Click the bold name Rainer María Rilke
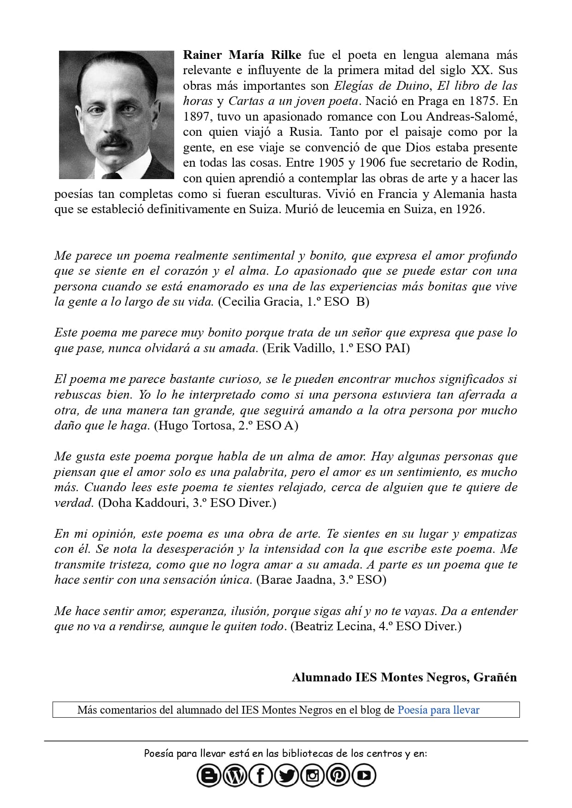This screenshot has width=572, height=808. coord(242,55)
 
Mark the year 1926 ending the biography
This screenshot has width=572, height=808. coord(469,209)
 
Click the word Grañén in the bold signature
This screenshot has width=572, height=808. coord(495,678)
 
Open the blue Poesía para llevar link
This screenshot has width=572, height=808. coord(438,710)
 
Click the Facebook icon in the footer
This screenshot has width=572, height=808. coord(261,775)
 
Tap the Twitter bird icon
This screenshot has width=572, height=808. coord(287,775)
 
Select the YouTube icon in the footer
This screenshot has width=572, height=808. coord(364,775)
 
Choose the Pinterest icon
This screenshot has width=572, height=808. coord(338,775)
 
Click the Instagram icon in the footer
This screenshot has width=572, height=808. coord(313,775)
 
